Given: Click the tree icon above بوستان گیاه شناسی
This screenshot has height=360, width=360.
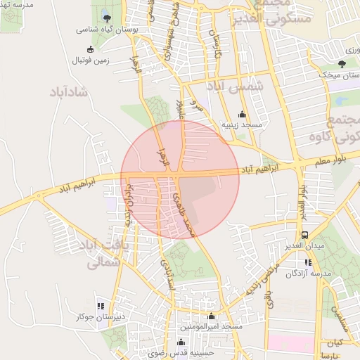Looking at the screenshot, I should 107,18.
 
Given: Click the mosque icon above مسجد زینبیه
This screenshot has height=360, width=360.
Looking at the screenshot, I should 243,114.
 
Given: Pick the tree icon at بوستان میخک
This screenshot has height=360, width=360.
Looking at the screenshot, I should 342,63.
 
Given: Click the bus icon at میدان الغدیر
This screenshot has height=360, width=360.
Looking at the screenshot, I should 304,235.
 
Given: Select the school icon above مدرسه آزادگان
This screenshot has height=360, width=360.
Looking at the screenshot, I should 308,262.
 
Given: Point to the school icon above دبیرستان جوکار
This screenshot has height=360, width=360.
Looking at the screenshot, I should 101,306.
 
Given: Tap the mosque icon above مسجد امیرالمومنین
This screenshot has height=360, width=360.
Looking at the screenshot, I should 212,316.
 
